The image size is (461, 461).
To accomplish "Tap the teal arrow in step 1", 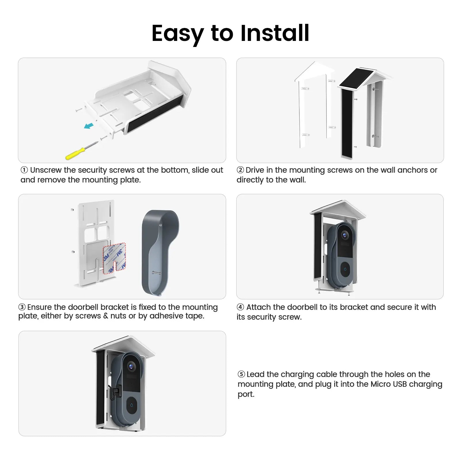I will point(89,126).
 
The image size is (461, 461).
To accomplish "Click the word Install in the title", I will point(275,33).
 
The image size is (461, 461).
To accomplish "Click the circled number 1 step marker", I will point(24,170).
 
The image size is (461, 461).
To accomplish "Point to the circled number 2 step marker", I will point(240,170).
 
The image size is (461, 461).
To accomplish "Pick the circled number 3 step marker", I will point(22,307).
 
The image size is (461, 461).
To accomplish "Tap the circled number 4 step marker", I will point(240,307).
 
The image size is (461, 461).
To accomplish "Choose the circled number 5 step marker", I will point(241,374).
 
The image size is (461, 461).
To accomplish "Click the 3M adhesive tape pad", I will point(114,258).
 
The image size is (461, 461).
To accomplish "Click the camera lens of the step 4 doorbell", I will point(345,235).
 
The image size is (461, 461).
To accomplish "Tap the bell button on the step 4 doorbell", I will point(345,270).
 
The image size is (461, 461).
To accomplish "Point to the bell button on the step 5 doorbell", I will point(132,405).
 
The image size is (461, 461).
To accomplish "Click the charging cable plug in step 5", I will point(114,391).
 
